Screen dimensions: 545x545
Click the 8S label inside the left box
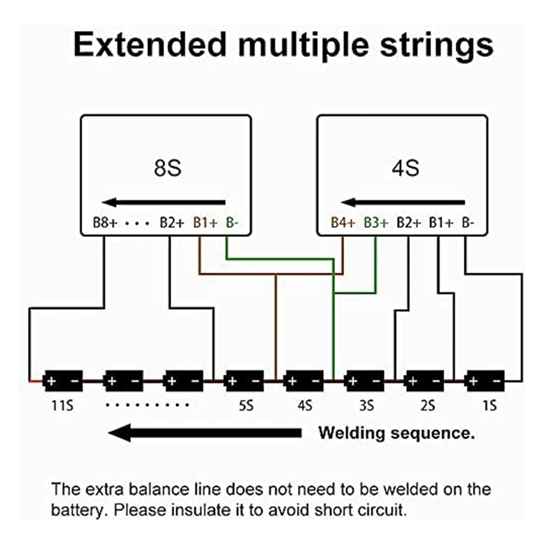click(x=167, y=168)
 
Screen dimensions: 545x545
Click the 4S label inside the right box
click(x=405, y=168)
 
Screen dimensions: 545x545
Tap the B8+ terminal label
click(x=105, y=222)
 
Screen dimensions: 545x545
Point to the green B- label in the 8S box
click(x=232, y=222)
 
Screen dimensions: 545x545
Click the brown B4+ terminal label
click(x=343, y=222)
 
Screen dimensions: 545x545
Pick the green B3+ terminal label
click(x=376, y=222)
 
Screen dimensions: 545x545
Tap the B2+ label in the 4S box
click(x=409, y=222)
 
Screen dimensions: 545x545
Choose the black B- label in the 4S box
click(x=468, y=222)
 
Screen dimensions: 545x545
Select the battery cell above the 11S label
click(x=63, y=381)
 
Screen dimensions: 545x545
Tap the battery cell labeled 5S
click(x=244, y=381)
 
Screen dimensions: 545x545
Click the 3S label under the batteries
click(x=366, y=405)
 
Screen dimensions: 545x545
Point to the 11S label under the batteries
click(x=62, y=405)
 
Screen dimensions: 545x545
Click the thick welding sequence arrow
click(x=205, y=433)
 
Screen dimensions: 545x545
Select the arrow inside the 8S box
click(x=164, y=202)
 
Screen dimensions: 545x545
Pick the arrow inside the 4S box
click(x=403, y=202)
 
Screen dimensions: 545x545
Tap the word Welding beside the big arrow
click(x=351, y=433)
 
